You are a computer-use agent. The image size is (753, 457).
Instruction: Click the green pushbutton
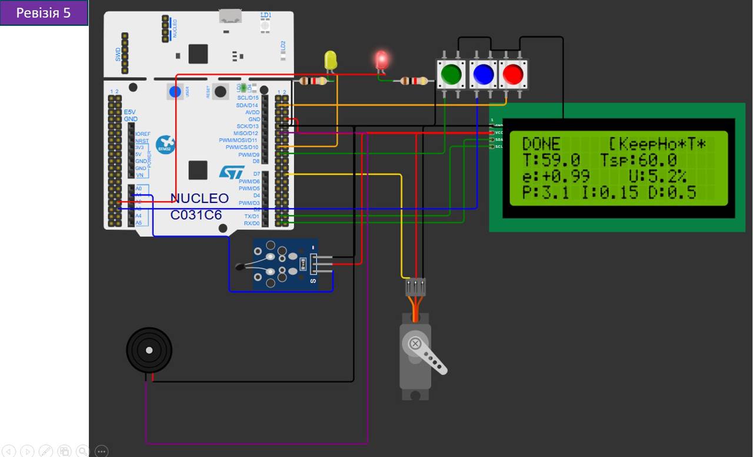click(x=451, y=74)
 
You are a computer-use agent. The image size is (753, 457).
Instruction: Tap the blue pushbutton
click(x=483, y=74)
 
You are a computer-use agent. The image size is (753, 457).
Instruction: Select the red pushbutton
click(x=513, y=74)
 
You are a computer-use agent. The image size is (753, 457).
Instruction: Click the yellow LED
click(x=331, y=61)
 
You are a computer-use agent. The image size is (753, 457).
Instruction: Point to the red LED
click(x=382, y=59)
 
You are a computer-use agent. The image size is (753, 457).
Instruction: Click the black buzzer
click(x=149, y=350)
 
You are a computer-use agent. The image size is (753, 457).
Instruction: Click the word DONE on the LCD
click(x=541, y=144)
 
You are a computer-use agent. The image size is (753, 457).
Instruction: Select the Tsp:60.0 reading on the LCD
click(x=639, y=160)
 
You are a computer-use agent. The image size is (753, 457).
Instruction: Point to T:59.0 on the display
click(x=551, y=160)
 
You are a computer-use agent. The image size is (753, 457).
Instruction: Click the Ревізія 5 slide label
click(x=44, y=13)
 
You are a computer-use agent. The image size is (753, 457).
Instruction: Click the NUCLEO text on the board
click(x=199, y=198)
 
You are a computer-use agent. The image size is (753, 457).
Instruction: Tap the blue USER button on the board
click(x=175, y=91)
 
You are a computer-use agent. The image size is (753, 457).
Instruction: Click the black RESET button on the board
click(x=221, y=91)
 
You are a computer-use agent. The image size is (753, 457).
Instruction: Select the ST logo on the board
click(x=231, y=172)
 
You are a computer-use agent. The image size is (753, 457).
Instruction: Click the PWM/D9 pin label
click(x=249, y=155)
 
